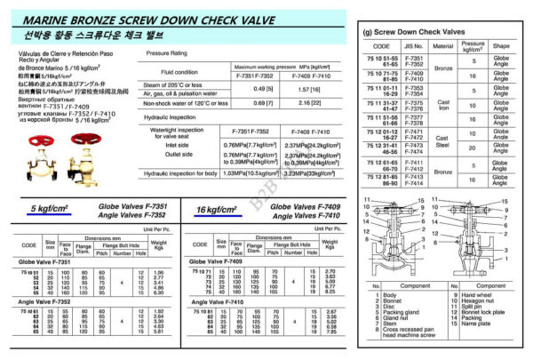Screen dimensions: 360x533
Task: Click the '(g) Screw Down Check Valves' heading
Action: point(418,32)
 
